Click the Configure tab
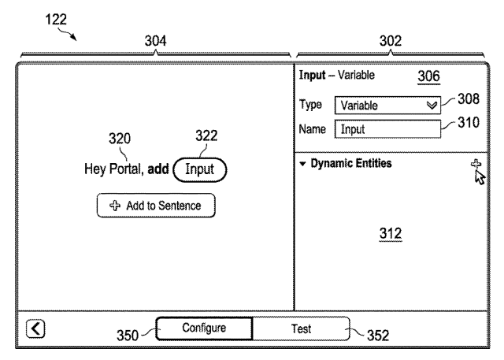click(204, 328)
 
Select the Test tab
click(301, 328)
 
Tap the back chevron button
click(35, 328)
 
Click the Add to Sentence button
click(156, 206)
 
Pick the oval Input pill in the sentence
click(199, 169)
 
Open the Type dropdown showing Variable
click(387, 106)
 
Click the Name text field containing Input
click(387, 129)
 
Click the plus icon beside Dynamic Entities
click(476, 164)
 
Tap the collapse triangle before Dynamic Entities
click(302, 164)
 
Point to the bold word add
click(158, 169)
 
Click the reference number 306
click(428, 76)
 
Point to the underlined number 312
click(391, 234)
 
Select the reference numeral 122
click(56, 20)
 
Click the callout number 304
click(156, 41)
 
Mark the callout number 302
click(391, 41)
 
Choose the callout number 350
click(128, 336)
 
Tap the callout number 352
click(378, 336)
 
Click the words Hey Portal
click(113, 169)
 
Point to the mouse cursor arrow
click(480, 177)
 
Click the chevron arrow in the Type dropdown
click(432, 106)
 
